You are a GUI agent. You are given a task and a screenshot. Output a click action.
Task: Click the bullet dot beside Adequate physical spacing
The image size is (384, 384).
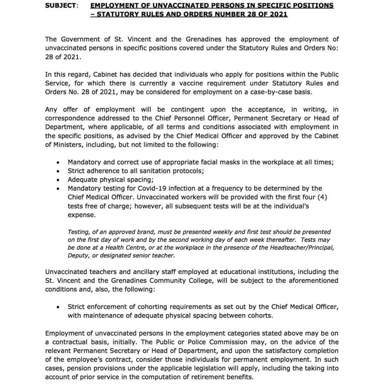(57, 180)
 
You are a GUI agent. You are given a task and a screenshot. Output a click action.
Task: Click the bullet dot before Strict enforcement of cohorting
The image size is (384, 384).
(57, 307)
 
